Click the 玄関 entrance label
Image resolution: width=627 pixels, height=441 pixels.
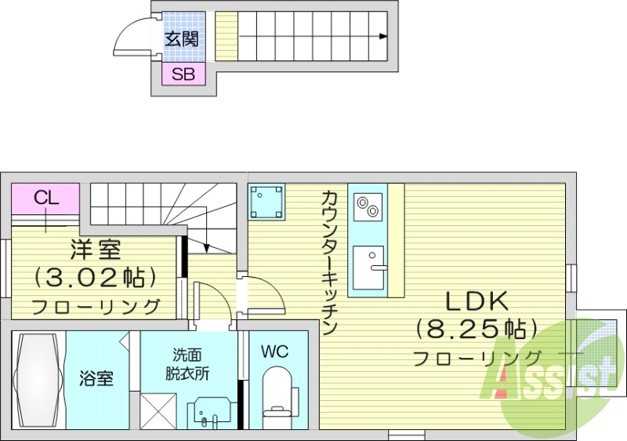pos(182,38)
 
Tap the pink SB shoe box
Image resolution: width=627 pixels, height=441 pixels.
pos(183,75)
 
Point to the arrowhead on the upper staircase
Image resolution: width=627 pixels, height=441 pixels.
pos(382,36)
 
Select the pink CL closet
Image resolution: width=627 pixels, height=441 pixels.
pos(46,198)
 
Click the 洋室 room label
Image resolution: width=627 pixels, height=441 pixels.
pos(95,250)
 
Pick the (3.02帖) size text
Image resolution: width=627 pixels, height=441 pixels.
pos(95,277)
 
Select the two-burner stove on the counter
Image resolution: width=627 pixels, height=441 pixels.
pos(367,208)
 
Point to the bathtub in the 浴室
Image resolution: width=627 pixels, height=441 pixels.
pos(38,381)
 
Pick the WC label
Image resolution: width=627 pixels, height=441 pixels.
pos(274,352)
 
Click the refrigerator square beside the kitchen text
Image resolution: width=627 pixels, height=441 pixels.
pos(266,203)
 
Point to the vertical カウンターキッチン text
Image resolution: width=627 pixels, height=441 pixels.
pos(329,264)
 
